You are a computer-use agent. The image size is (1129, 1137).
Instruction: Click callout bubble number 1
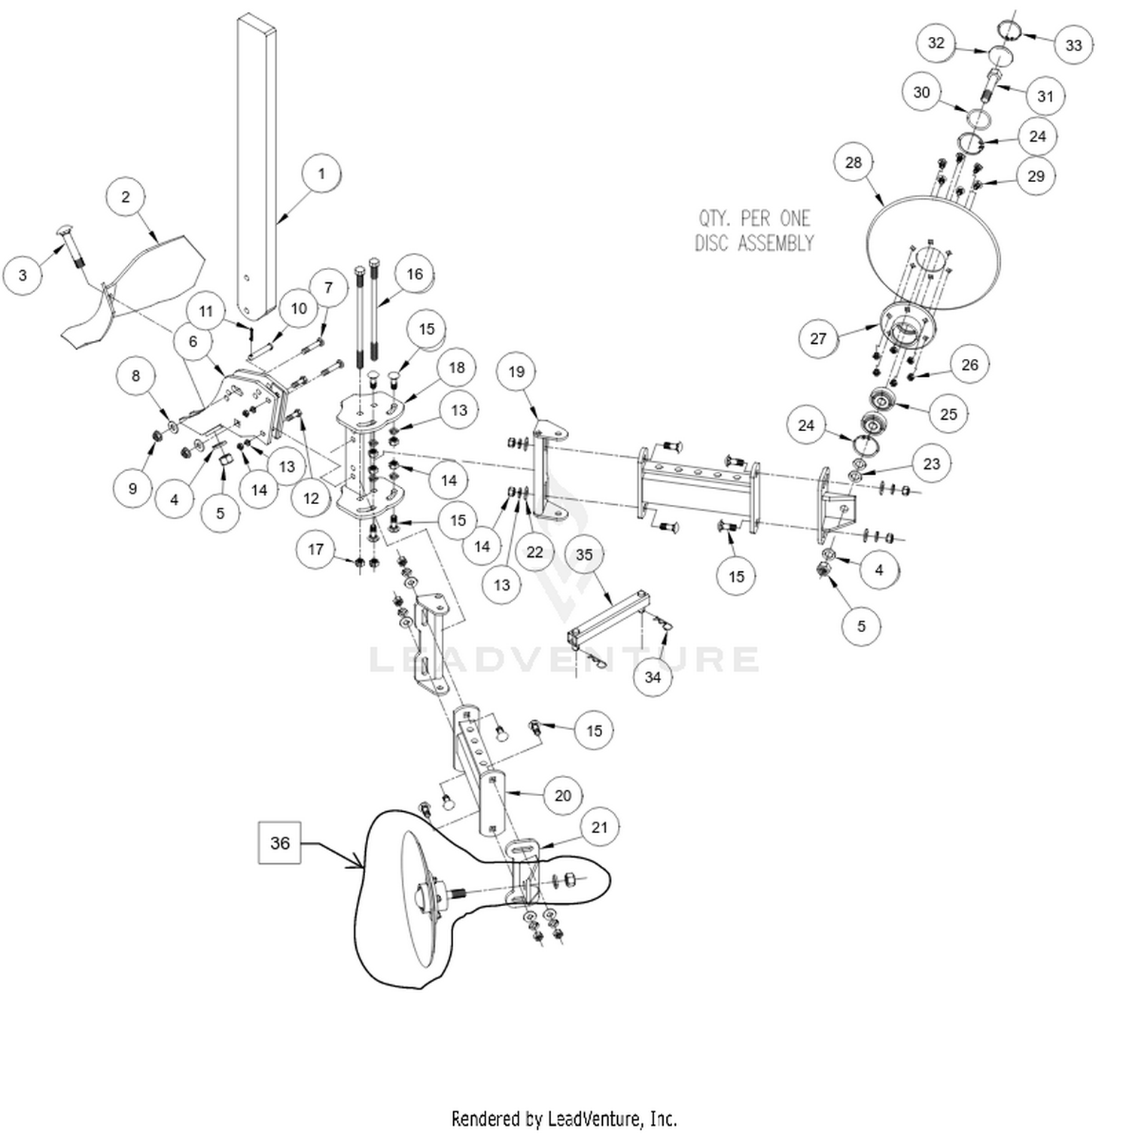321,174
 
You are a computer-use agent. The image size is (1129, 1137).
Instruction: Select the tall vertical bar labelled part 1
256,166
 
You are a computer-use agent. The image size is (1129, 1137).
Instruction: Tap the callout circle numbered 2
126,197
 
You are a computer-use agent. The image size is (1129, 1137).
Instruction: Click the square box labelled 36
279,843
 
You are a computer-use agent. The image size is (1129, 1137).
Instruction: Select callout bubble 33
1073,45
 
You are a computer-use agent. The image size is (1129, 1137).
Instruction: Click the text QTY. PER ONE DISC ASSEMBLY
754,231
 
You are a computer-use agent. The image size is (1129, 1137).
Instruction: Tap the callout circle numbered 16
415,274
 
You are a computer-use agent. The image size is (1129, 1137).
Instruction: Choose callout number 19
516,372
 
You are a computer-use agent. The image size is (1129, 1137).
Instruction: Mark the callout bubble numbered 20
563,795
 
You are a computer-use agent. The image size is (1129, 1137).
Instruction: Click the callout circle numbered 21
599,828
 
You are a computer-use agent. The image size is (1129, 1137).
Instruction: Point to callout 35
584,555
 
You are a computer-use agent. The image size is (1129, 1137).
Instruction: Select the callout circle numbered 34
653,676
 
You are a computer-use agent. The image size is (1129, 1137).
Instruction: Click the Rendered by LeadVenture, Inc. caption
564,1118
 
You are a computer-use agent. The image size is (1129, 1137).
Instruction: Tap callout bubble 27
818,339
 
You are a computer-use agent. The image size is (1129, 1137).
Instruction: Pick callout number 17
315,549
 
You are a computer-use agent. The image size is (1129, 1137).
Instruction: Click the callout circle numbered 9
132,488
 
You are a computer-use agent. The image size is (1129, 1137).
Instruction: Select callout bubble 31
1045,96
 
